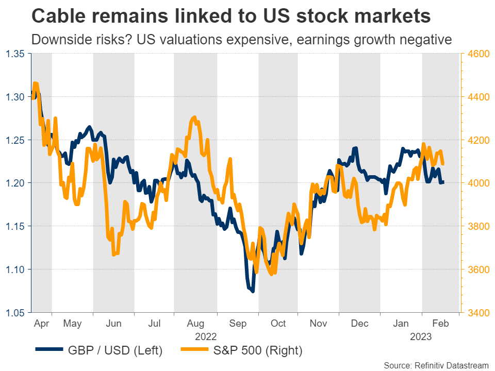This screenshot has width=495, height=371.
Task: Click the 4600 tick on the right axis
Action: point(477,54)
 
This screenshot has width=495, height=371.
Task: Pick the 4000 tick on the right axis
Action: point(477,183)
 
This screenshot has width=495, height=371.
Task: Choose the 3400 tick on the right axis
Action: point(477,313)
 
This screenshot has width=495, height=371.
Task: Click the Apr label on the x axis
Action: point(41,324)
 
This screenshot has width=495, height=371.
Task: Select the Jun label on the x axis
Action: point(113,324)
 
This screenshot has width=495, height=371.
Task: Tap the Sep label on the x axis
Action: point(238,324)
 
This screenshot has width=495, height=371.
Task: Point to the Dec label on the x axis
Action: point(359,324)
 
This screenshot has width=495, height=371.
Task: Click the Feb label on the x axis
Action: point(440,324)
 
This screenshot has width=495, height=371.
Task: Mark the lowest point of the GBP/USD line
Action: point(252,291)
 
